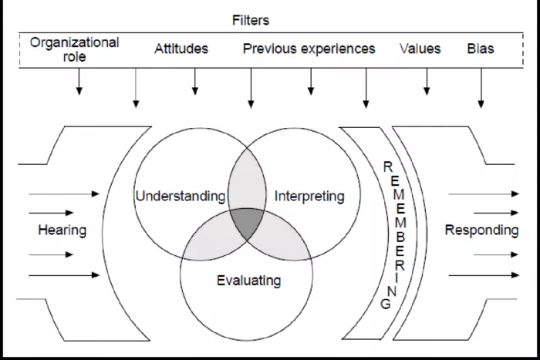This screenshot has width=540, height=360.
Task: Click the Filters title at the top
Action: (251, 21)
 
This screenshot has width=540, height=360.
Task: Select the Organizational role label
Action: (74, 49)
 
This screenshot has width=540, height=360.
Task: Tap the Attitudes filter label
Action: (181, 49)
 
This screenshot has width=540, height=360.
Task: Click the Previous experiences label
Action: (309, 49)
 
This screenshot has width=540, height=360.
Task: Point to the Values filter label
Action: (420, 49)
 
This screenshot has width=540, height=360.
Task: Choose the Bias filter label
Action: (481, 49)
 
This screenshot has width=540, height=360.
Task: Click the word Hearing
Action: (62, 230)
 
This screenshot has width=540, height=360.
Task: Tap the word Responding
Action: (482, 230)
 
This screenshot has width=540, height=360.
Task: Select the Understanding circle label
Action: (181, 196)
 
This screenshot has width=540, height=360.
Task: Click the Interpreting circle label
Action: (309, 196)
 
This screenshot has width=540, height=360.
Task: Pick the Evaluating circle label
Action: (248, 280)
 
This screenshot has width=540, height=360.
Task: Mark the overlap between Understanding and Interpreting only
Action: (247, 181)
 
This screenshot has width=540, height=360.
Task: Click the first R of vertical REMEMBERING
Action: (388, 166)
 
